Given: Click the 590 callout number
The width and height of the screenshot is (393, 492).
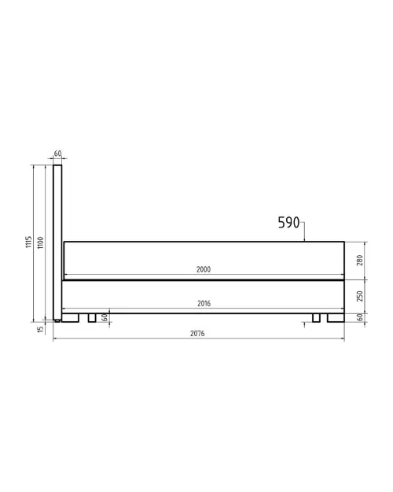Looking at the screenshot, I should [x=288, y=223].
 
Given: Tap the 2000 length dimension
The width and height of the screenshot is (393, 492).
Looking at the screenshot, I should [x=203, y=270].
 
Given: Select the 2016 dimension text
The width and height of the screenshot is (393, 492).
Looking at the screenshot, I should [x=203, y=303].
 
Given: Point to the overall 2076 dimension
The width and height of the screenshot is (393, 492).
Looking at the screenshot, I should [x=197, y=334].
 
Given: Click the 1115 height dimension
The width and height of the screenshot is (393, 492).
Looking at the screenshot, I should [x=28, y=242].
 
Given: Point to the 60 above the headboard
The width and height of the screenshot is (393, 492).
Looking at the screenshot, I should [x=57, y=154].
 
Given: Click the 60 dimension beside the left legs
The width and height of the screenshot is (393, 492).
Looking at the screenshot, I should [x=104, y=316].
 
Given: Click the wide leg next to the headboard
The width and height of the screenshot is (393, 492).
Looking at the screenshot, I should [x=72, y=318].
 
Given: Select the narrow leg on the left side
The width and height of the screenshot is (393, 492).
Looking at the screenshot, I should [x=91, y=318].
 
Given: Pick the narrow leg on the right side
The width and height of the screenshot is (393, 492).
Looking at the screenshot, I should [x=316, y=318].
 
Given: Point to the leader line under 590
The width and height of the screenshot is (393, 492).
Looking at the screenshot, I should [x=305, y=233].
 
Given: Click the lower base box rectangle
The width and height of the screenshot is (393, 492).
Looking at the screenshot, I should [x=203, y=297].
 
